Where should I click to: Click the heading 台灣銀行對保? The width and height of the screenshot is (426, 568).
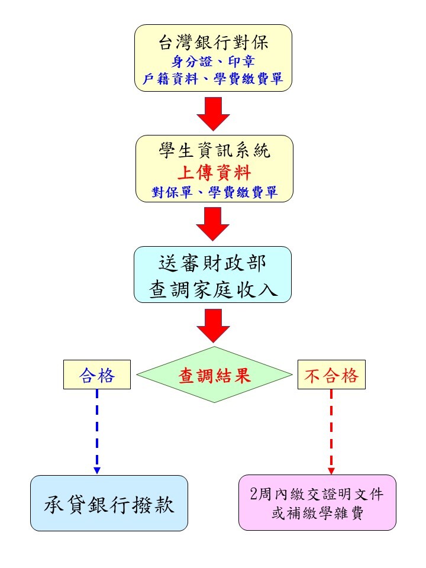click(x=214, y=42)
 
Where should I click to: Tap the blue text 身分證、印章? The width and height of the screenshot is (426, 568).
click(x=214, y=61)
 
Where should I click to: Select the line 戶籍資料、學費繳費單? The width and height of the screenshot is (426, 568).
click(x=214, y=79)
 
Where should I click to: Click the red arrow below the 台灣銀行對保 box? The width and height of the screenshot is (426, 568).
click(x=214, y=113)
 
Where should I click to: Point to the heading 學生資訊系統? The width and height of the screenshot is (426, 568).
click(x=214, y=151)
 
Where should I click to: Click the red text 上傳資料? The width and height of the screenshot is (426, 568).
click(x=214, y=173)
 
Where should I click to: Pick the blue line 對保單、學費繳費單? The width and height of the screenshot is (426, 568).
click(x=214, y=192)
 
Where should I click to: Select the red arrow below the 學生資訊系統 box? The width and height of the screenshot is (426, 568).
click(x=214, y=224)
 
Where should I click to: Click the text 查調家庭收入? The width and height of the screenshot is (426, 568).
click(x=213, y=290)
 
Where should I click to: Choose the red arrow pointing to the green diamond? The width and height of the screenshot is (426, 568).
click(x=214, y=325)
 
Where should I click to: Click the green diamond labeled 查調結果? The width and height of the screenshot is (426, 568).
click(x=214, y=375)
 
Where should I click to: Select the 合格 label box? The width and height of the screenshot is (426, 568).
click(x=97, y=375)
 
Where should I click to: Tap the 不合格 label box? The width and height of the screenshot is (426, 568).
click(x=331, y=375)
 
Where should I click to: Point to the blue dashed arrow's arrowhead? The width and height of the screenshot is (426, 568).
click(x=97, y=470)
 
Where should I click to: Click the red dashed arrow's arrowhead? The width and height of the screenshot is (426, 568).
click(x=331, y=470)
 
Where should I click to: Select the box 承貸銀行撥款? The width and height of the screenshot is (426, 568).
click(x=109, y=503)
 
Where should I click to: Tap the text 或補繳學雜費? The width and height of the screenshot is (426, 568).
click(x=317, y=513)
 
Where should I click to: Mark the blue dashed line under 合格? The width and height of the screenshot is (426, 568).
click(x=97, y=426)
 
